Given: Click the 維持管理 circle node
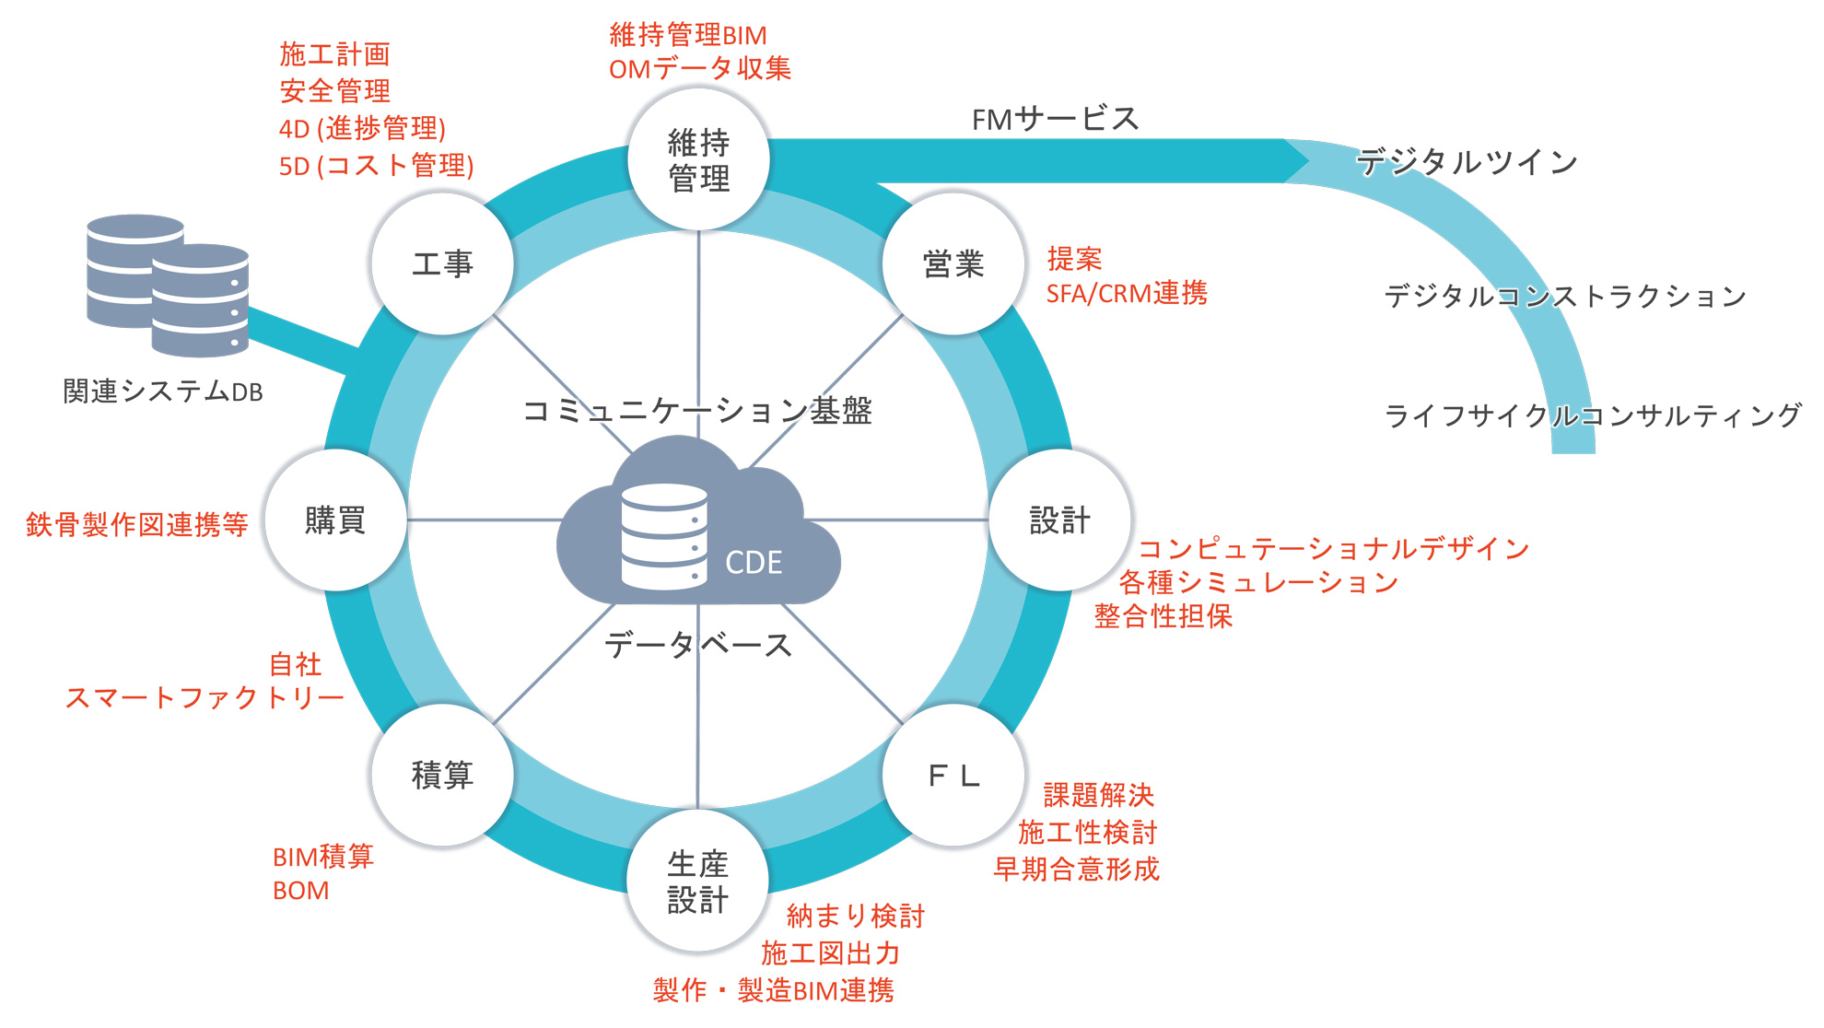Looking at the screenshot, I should pyautogui.click(x=698, y=160).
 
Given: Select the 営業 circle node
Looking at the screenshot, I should pyautogui.click(x=953, y=264).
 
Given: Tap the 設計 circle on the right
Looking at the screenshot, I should pyautogui.click(x=1059, y=520).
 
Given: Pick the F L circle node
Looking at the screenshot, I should pyautogui.click(x=953, y=776).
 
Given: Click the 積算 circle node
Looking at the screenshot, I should pyautogui.click(x=442, y=776).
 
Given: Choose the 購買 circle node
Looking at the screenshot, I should pyautogui.click(x=335, y=520).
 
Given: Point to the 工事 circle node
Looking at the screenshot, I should pyautogui.click(x=442, y=264).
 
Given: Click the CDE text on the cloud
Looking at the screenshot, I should pyautogui.click(x=754, y=563).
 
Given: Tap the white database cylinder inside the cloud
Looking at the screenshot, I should pyautogui.click(x=664, y=536).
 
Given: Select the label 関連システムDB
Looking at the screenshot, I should pyautogui.click(x=163, y=391).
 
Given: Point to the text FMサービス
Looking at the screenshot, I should pyautogui.click(x=1056, y=119).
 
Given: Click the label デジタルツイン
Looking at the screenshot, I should pyautogui.click(x=1467, y=162).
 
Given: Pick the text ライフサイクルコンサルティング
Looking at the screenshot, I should pyautogui.click(x=1593, y=415).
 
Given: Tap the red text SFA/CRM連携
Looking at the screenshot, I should pyautogui.click(x=1127, y=293).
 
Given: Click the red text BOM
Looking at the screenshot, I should pyautogui.click(x=301, y=891).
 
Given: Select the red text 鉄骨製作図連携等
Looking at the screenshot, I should pyautogui.click(x=137, y=524).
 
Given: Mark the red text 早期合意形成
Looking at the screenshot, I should pyautogui.click(x=1076, y=869).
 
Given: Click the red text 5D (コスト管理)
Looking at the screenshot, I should pyautogui.click(x=376, y=166).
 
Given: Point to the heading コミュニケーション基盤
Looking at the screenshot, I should pyautogui.click(x=697, y=411).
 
